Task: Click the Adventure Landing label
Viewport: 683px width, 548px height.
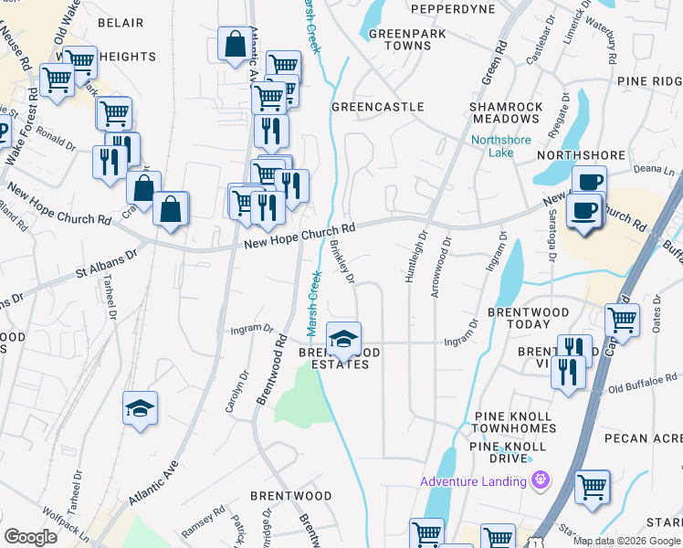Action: coord(475,481)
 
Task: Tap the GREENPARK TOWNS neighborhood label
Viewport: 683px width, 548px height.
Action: coord(394,38)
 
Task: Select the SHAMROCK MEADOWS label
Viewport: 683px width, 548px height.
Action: coord(506,113)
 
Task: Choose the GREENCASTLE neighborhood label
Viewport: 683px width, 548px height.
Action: coord(377,107)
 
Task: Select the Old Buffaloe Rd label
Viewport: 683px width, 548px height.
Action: coord(643,380)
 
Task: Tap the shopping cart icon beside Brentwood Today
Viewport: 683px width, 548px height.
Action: coord(622,320)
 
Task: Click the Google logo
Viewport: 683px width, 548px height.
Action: coord(30,536)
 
